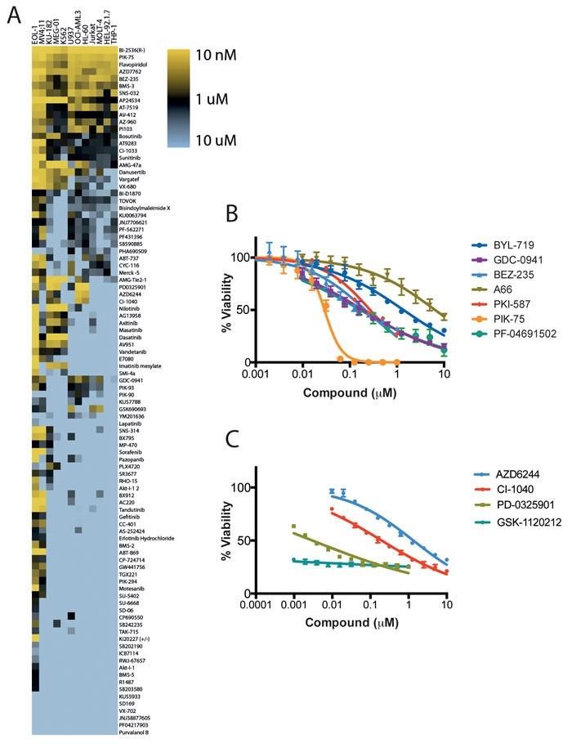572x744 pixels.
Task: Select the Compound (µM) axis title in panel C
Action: click(x=348, y=621)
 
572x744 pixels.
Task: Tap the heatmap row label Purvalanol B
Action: click(x=137, y=732)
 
